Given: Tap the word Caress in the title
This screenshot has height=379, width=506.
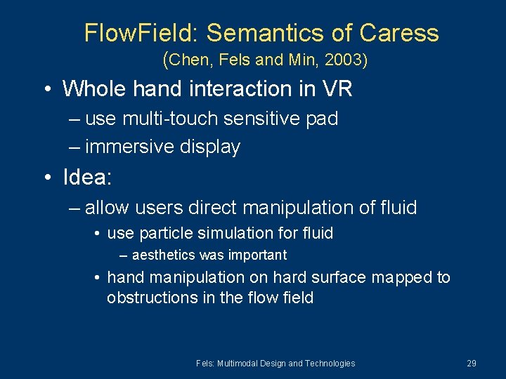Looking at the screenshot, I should coord(399,33).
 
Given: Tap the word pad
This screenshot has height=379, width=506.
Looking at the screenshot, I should coord(323,119).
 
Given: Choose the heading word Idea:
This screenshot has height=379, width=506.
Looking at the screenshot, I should coord(87,177).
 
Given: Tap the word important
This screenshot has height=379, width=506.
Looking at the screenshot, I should coord(254,255).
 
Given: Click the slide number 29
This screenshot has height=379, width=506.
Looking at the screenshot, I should coord(471,363).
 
